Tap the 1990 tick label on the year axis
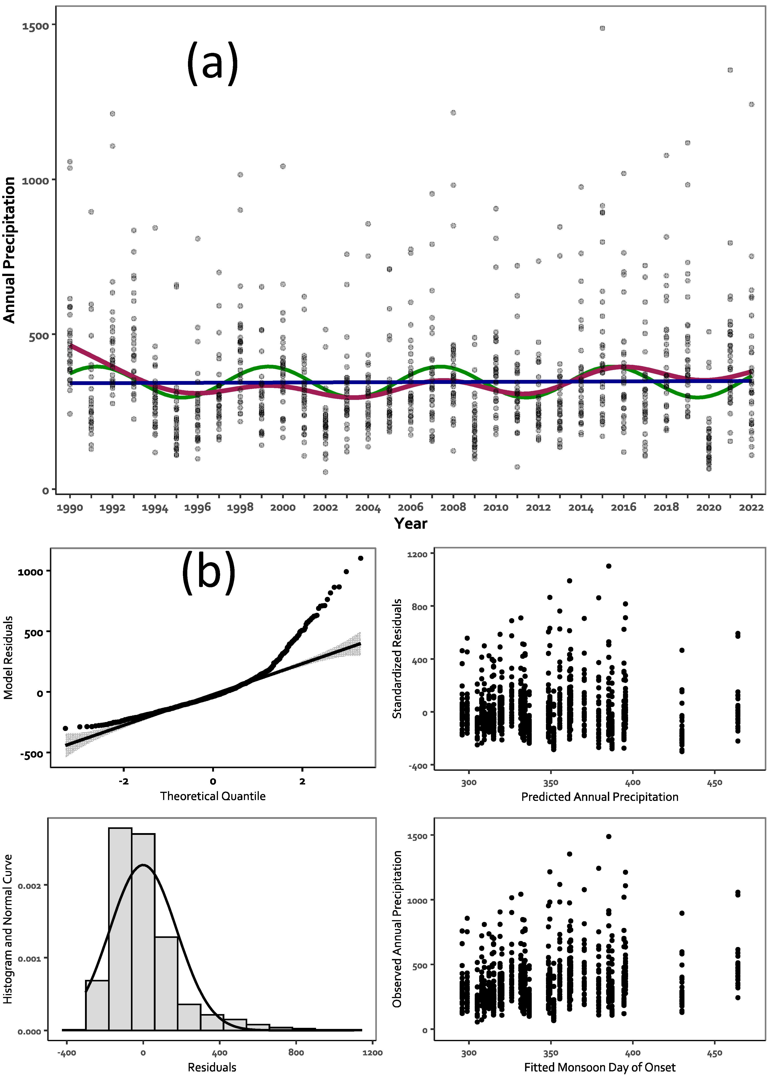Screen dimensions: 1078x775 [x=70, y=508]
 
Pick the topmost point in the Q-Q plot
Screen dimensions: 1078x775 [x=361, y=558]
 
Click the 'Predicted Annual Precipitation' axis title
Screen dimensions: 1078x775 [x=600, y=797]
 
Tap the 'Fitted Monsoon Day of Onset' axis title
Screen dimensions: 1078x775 [x=600, y=1068]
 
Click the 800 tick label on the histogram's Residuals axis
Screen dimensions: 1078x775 [x=296, y=1052]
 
